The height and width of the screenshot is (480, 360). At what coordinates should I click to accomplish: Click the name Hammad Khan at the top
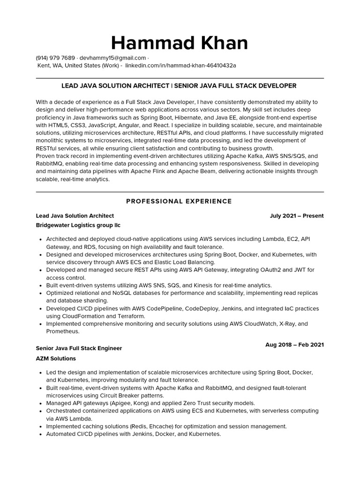(180, 43)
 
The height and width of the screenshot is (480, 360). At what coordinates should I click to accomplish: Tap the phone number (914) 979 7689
(55, 58)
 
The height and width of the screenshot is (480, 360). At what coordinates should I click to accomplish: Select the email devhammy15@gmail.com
(113, 58)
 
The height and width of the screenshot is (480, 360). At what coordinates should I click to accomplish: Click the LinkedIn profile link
(180, 65)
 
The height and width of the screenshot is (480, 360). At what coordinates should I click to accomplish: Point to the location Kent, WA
(50, 65)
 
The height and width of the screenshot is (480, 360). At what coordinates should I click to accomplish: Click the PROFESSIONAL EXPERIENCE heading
(179, 201)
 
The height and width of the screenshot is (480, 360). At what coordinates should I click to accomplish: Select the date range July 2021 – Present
(296, 216)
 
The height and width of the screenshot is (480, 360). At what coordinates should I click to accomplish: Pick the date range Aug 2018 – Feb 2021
(294, 345)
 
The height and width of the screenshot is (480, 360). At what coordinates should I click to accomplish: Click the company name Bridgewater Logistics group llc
(78, 225)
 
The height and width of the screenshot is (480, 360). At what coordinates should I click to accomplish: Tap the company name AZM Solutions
(56, 358)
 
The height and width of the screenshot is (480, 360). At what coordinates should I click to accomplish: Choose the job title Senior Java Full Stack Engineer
(79, 348)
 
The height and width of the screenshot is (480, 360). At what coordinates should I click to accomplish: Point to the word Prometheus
(62, 331)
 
